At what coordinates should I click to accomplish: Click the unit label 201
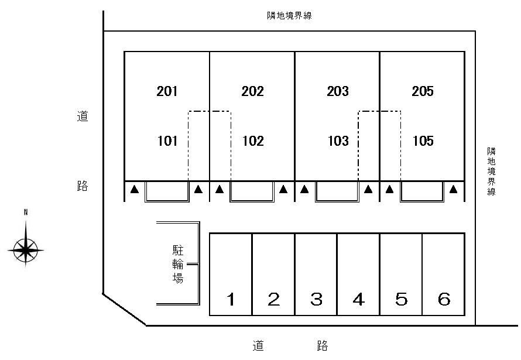pyautogui.click(x=167, y=91)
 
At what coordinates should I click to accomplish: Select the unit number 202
pyautogui.click(x=252, y=91)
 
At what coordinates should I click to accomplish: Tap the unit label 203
pyautogui.click(x=338, y=91)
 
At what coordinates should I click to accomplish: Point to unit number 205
pyautogui.click(x=423, y=91)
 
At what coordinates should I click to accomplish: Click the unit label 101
pyautogui.click(x=167, y=141)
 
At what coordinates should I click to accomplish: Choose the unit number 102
pyautogui.click(x=253, y=141)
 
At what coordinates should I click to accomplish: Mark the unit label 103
pyautogui.click(x=338, y=141)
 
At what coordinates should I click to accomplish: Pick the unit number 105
pyautogui.click(x=423, y=141)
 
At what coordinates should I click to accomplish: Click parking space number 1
pyautogui.click(x=231, y=299)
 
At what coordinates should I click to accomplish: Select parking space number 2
pyautogui.click(x=273, y=299)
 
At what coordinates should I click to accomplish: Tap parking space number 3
pyautogui.click(x=316, y=299)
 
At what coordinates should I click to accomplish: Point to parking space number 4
pyautogui.click(x=358, y=299)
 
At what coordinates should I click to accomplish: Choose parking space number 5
pyautogui.click(x=402, y=299)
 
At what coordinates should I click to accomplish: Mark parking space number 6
pyautogui.click(x=444, y=299)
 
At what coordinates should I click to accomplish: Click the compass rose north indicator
pyautogui.click(x=26, y=212)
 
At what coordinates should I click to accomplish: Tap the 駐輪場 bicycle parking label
pyautogui.click(x=178, y=264)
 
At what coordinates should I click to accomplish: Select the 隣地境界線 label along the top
pyautogui.click(x=289, y=16)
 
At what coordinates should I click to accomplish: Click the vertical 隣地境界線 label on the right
pyautogui.click(x=491, y=172)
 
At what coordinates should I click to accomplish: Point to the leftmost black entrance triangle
pyautogui.click(x=134, y=189)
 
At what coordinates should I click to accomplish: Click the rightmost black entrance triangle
pyautogui.click(x=453, y=189)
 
